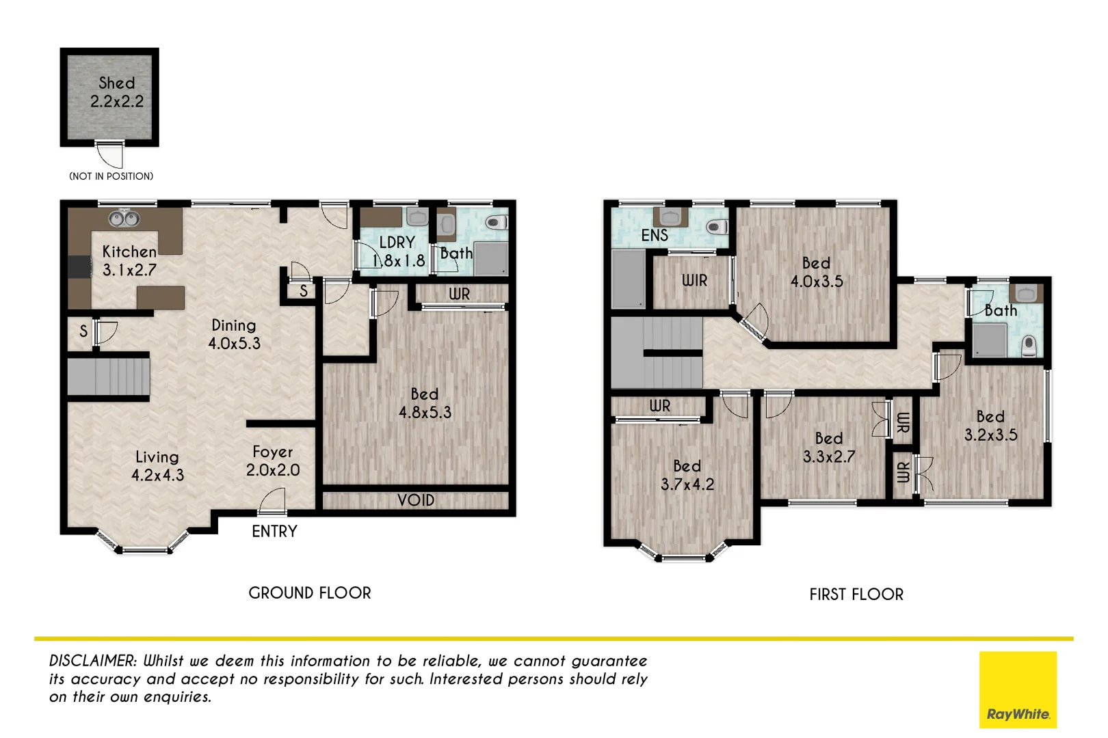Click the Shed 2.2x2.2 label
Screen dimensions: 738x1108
(117, 92)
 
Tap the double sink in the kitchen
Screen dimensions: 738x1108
(124, 219)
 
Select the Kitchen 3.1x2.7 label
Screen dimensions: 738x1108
(129, 261)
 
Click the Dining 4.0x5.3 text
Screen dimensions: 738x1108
(234, 334)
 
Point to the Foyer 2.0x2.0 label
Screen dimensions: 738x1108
(272, 461)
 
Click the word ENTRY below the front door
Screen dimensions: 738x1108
(274, 532)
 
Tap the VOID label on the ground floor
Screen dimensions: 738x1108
(416, 500)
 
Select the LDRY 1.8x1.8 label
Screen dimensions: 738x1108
(397, 251)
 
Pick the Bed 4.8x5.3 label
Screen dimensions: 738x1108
(425, 403)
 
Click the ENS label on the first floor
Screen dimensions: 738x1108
(655, 235)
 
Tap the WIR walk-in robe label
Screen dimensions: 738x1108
(694, 280)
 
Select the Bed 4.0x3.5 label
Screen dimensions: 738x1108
(817, 272)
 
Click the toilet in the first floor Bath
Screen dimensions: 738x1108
(1029, 346)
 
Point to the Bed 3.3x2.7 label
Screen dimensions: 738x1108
(829, 448)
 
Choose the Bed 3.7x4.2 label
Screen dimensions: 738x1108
(687, 475)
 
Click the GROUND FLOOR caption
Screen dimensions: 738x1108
(310, 593)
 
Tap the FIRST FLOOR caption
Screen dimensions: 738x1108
(856, 594)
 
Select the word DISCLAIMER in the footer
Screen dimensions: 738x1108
(93, 661)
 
